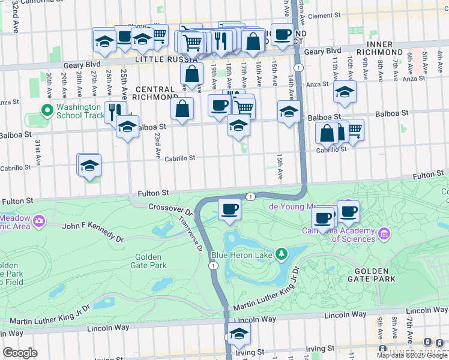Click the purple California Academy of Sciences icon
[384, 232]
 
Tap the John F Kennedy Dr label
[93, 230]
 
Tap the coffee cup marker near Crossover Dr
[229, 209]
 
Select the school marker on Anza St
[345, 92]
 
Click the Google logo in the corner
[19, 353]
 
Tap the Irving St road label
[319, 349]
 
